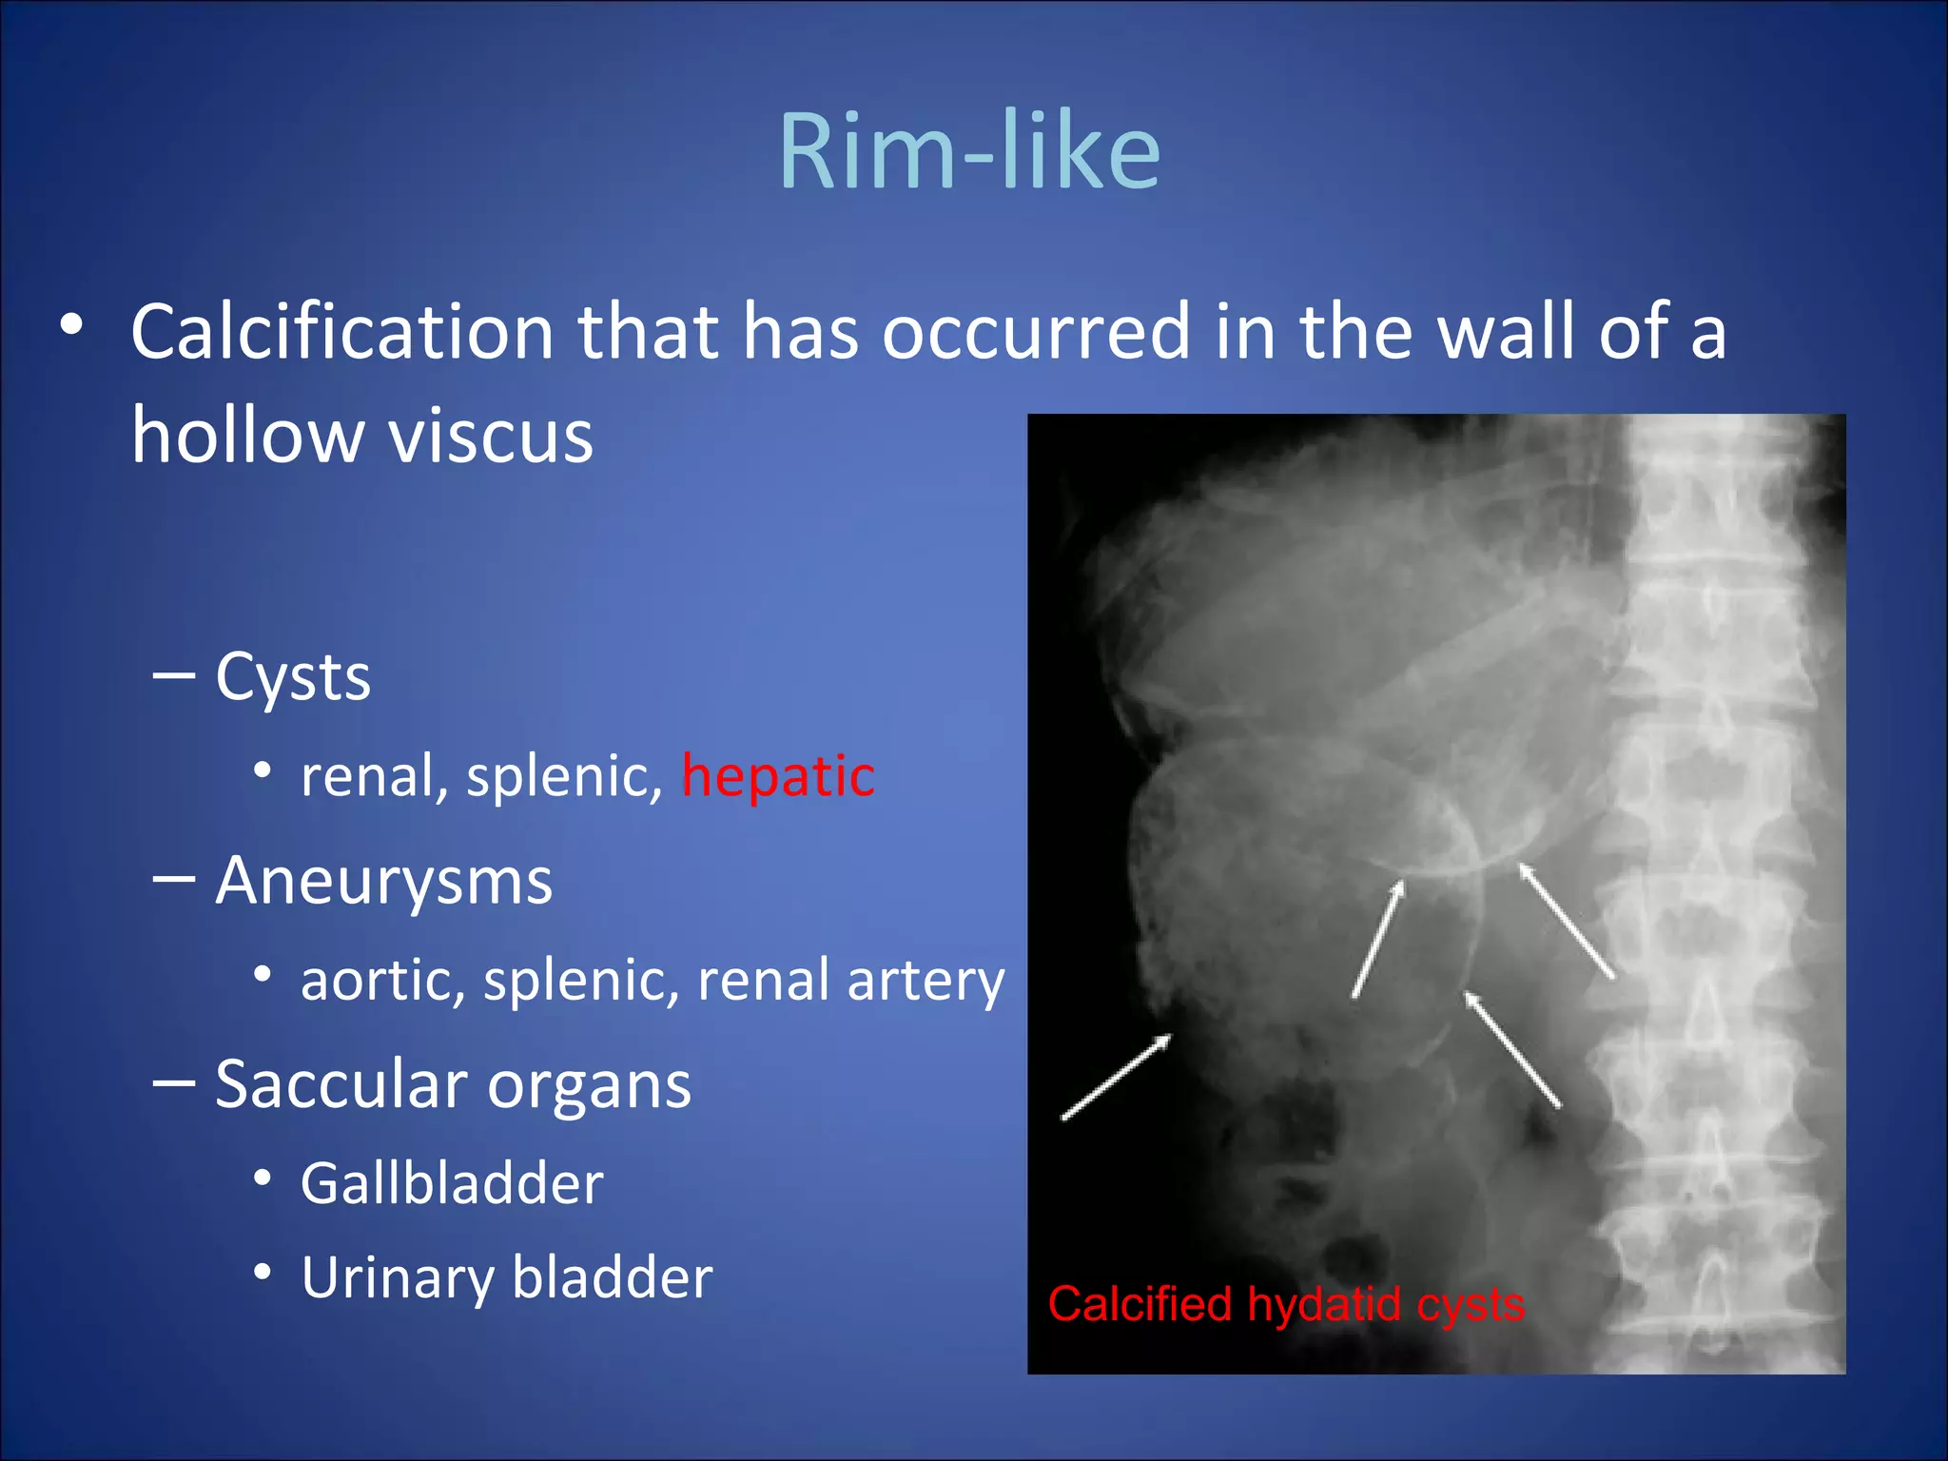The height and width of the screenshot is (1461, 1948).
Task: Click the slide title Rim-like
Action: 969,152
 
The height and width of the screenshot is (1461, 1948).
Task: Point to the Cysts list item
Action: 292,678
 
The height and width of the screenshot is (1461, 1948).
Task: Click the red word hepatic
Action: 778,776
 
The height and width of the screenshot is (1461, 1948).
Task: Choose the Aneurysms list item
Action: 383,881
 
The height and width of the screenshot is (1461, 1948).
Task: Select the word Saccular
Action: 341,1084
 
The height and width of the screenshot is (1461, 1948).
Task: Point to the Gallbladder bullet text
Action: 452,1184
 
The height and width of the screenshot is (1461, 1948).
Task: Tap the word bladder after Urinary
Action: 613,1277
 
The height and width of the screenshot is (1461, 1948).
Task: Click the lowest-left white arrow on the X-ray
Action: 1117,1077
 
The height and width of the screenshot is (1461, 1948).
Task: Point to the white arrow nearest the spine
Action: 1566,920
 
